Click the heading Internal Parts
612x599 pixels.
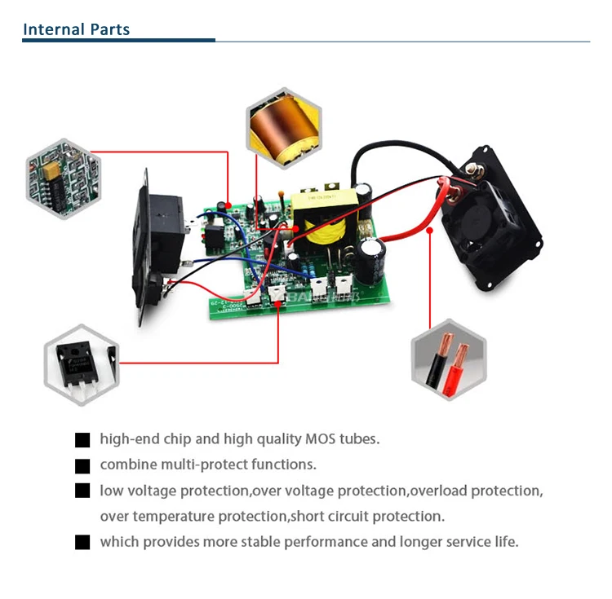point(76,30)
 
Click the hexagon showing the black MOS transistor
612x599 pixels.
point(81,364)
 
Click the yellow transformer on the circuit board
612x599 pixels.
point(317,218)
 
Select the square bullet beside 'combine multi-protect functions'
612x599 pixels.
point(82,466)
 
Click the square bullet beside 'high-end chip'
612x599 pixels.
point(82,440)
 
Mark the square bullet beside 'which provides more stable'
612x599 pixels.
point(82,543)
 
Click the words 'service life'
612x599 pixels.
point(481,542)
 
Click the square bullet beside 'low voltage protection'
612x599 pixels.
point(82,491)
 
